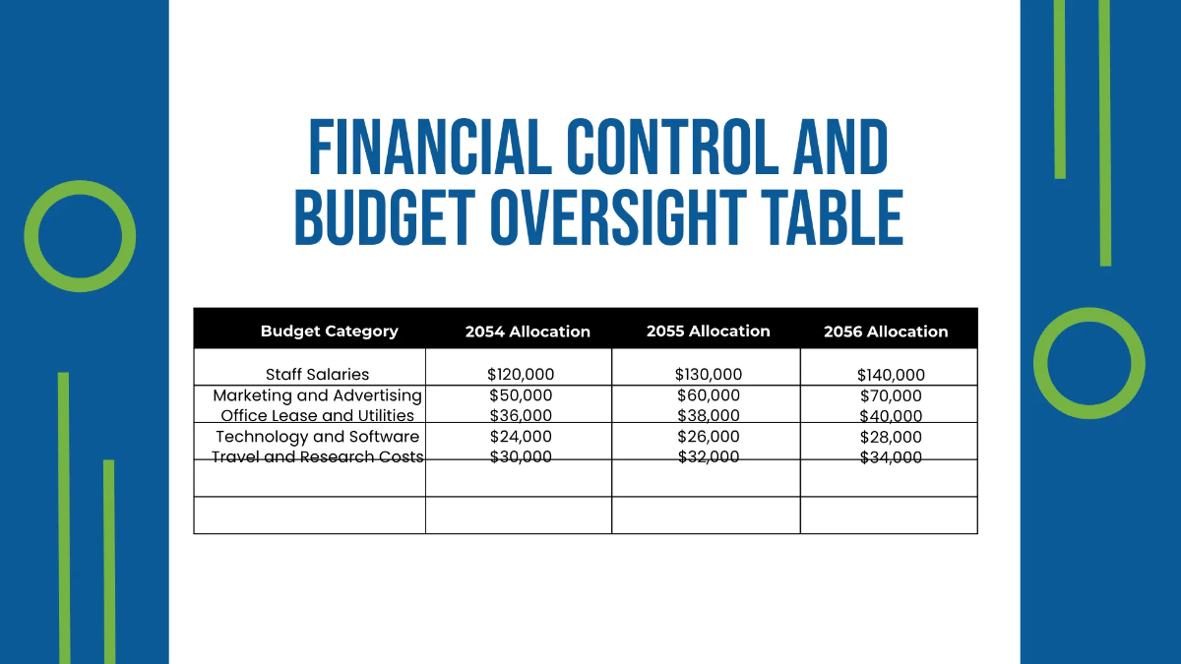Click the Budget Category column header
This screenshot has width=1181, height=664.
pyautogui.click(x=329, y=332)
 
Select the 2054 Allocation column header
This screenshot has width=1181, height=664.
pyautogui.click(x=528, y=332)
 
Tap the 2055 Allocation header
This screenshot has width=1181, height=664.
pyautogui.click(x=708, y=332)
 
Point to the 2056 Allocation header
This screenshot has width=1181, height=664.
pyautogui.click(x=886, y=332)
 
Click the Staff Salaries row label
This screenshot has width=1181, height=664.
pyautogui.click(x=317, y=375)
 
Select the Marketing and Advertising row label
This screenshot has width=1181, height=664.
pyautogui.click(x=317, y=395)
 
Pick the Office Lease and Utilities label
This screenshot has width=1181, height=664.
pyautogui.click(x=317, y=416)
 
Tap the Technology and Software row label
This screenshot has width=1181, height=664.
pyautogui.click(x=317, y=437)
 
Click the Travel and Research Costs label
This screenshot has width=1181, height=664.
pyautogui.click(x=317, y=457)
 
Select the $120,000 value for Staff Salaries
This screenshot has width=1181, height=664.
pyautogui.click(x=521, y=375)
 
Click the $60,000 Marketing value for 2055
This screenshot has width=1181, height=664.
pyautogui.click(x=708, y=395)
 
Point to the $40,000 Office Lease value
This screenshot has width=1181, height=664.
pyautogui.click(x=891, y=416)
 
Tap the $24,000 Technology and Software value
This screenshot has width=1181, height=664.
pyautogui.click(x=521, y=437)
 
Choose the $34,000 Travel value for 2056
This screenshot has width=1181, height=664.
pyautogui.click(x=891, y=457)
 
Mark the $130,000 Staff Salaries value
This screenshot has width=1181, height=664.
pyautogui.click(x=708, y=375)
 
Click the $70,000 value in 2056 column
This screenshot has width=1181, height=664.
pyautogui.click(x=891, y=396)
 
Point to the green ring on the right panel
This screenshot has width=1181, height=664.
pyautogui.click(x=1089, y=363)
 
